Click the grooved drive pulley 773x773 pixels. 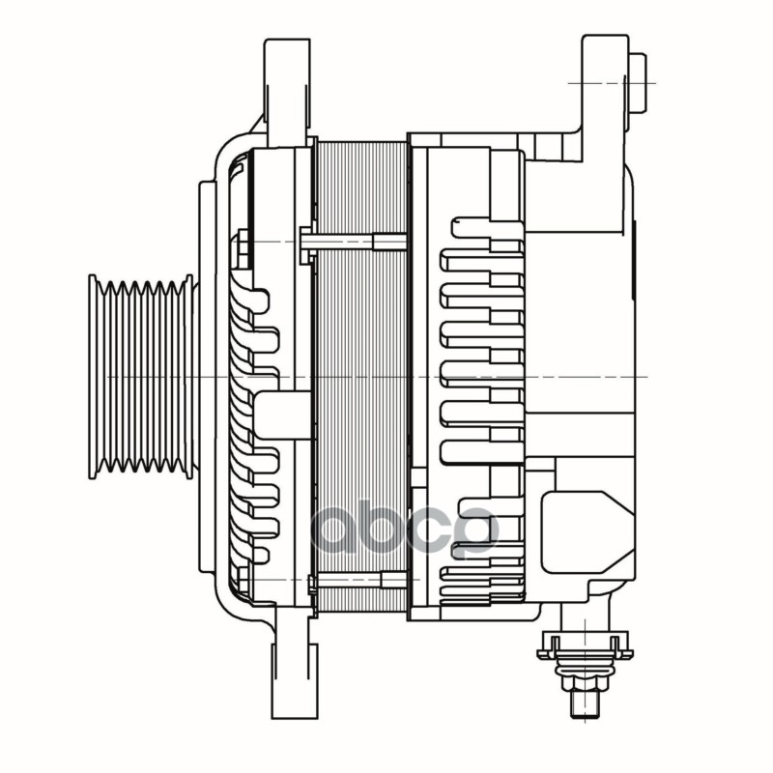141,377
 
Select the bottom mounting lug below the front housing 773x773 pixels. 292,667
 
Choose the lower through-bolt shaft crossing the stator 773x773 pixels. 358,580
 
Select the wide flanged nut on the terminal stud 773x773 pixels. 584,644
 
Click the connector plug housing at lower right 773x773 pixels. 585,531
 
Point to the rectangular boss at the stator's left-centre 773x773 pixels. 282,414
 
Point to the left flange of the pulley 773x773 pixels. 94,377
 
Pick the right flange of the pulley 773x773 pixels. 188,377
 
